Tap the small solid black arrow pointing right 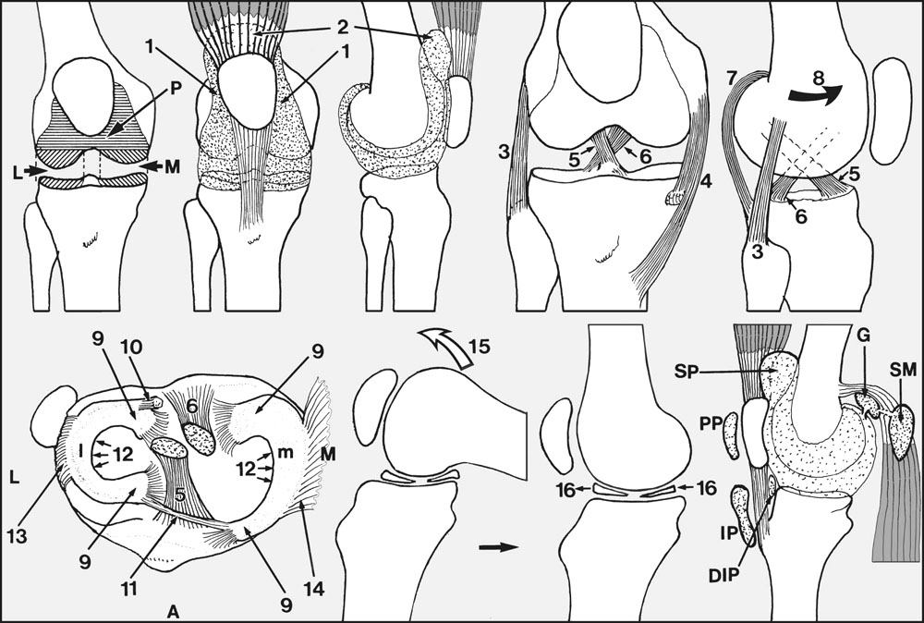pyautogui.click(x=498, y=547)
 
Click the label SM pyautogui.click(x=904, y=370)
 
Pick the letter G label pyautogui.click(x=865, y=336)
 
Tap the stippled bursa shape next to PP pyautogui.click(x=730, y=435)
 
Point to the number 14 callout pyautogui.click(x=313, y=588)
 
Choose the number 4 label pyautogui.click(x=705, y=181)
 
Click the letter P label pyautogui.click(x=176, y=87)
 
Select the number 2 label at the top pyautogui.click(x=344, y=27)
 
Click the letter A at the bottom pyautogui.click(x=173, y=613)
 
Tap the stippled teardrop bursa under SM pyautogui.click(x=900, y=432)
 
